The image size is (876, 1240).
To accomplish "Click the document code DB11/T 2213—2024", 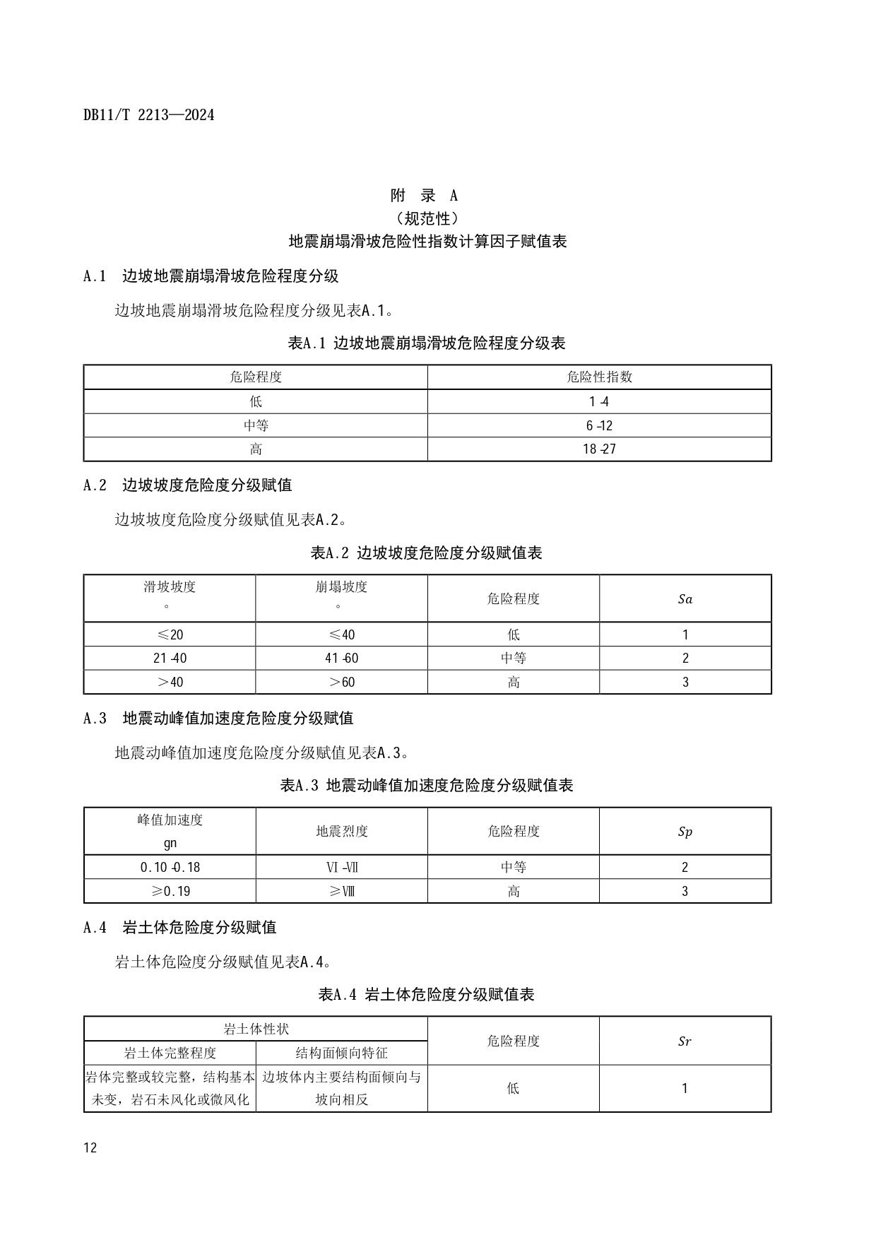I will click(148, 114).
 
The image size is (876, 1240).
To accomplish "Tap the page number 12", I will click(90, 1147).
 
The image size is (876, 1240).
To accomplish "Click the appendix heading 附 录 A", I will click(424, 195).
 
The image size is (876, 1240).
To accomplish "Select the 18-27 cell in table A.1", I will click(599, 449).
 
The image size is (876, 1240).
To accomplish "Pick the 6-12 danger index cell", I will click(599, 425).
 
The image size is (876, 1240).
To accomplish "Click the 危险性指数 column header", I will click(599, 377).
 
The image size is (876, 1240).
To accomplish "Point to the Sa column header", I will click(685, 598).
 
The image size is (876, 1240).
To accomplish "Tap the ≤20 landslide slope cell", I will click(170, 634).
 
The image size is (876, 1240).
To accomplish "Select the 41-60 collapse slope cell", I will click(341, 658).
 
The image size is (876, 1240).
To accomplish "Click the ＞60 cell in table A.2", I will click(341, 682).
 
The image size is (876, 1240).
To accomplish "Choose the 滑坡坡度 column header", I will click(170, 586).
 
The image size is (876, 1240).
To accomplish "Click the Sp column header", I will click(685, 831).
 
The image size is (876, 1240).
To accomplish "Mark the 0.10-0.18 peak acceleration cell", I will click(170, 867).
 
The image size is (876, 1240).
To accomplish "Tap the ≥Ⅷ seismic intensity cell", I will click(341, 891).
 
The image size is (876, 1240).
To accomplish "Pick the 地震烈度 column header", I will click(341, 831).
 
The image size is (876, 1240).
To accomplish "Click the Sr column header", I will click(685, 1041).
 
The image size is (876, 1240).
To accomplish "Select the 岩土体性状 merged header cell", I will click(256, 1029).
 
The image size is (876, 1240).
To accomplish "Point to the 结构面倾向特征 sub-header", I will click(341, 1053).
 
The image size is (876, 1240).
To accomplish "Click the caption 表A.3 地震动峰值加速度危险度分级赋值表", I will click(427, 785).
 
